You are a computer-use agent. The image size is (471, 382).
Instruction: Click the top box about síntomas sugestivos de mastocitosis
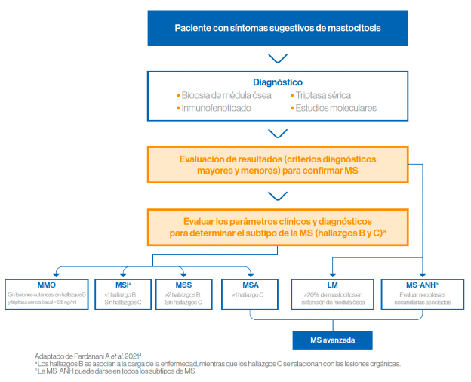[278, 29]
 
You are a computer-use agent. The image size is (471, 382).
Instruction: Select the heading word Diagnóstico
[277, 82]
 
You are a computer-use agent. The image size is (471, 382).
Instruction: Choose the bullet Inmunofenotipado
[217, 109]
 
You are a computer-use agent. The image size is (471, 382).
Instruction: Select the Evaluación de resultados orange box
[277, 166]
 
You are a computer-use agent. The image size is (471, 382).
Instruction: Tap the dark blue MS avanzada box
[334, 340]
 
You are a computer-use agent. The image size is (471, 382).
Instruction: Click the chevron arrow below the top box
[277, 58]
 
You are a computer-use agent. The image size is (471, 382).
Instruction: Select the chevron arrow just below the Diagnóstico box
[277, 134]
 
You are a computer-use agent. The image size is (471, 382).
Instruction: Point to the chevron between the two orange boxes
[277, 196]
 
